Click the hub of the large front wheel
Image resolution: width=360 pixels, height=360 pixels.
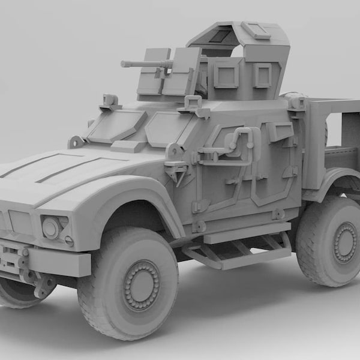(141, 285)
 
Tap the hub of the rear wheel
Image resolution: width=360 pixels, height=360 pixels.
(344, 242)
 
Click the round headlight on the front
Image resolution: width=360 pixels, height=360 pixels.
(52, 227)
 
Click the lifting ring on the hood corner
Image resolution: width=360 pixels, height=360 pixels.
(76, 142)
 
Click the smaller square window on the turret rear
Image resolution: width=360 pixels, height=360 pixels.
(262, 75)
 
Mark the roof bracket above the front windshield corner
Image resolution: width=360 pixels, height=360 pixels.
(110, 102)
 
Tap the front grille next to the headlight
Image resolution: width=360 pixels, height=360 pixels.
(18, 222)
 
